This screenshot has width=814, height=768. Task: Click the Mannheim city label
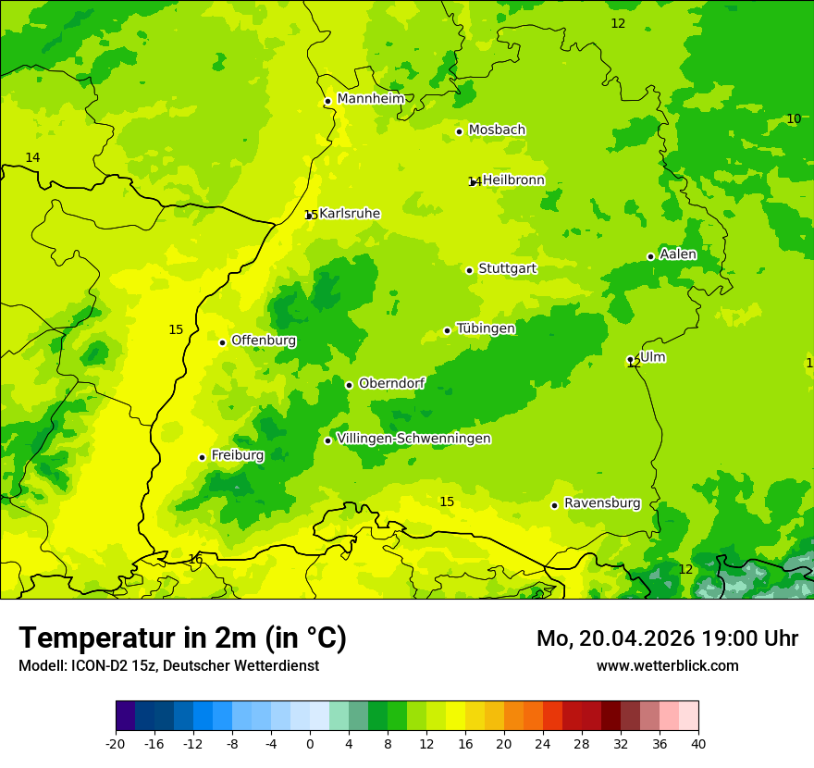pos(371,99)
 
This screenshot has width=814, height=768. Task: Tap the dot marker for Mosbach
pos(459,131)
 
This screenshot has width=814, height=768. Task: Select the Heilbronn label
pos(513,180)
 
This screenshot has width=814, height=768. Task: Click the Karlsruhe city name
pos(350,214)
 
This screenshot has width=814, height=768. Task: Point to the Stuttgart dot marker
pos(469,270)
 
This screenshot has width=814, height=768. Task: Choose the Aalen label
pos(678,254)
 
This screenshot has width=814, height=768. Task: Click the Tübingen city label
pos(486,328)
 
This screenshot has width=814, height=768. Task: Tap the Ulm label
pos(652,357)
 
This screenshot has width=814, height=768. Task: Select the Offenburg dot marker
pos(222,342)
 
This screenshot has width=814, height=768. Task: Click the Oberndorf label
pos(391,383)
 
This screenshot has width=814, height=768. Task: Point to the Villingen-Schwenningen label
pos(413,439)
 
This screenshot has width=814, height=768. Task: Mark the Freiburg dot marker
pos(202,457)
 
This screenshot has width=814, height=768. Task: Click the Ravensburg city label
pos(602,503)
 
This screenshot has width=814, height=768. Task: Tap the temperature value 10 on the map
pos(794,118)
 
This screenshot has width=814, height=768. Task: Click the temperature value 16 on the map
pos(195,559)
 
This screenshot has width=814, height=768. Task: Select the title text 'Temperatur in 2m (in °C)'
pos(182,638)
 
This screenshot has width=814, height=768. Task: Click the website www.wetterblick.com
pos(667,665)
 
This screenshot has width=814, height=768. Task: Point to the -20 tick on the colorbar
pos(116,743)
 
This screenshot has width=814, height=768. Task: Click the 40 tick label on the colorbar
pos(697,743)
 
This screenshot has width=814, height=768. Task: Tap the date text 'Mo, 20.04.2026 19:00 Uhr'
pos(667,638)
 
